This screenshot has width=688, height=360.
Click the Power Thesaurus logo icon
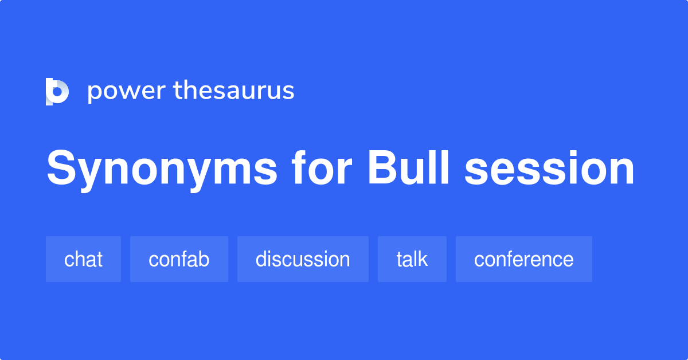[57, 92]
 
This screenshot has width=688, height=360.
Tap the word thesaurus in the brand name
[234, 91]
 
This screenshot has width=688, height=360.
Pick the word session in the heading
[549, 169]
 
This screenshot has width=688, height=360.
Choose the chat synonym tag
[83, 259]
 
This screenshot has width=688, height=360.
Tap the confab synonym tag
[179, 259]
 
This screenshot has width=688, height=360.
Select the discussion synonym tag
[303, 259]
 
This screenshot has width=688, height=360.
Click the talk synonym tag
[412, 259]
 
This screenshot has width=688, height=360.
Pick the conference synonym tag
[523, 259]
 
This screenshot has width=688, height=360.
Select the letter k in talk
[423, 259]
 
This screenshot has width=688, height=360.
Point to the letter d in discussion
[261, 259]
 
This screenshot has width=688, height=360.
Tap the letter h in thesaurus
[190, 91]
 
